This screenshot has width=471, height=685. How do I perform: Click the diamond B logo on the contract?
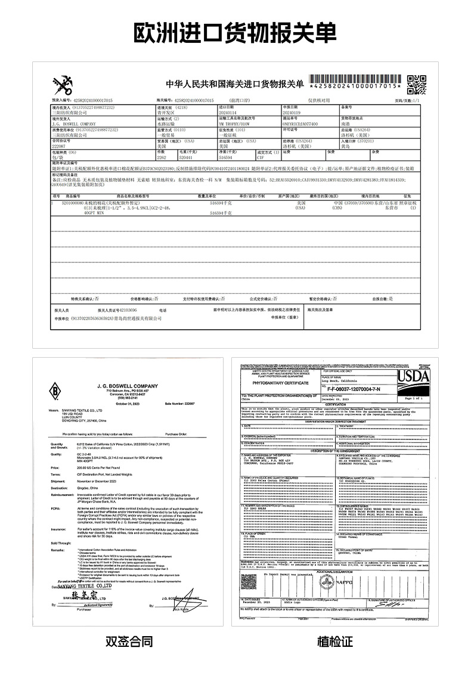click(x=56, y=392)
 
